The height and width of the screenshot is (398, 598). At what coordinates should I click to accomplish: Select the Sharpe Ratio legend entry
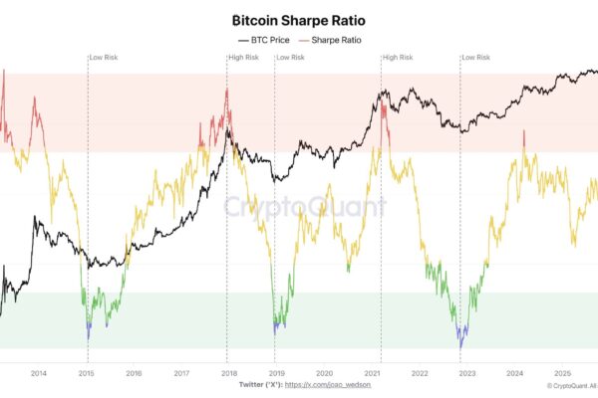[330, 40]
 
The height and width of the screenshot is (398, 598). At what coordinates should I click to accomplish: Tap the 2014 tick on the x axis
[39, 373]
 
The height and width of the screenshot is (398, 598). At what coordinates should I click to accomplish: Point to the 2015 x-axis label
[87, 373]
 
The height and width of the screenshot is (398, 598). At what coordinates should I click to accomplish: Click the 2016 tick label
[134, 373]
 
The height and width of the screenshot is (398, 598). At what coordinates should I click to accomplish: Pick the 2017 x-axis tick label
[181, 373]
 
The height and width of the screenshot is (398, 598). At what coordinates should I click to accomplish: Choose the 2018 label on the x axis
[228, 373]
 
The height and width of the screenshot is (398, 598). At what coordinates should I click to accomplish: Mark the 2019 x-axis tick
[276, 373]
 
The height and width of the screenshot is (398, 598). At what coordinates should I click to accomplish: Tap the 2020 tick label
[324, 373]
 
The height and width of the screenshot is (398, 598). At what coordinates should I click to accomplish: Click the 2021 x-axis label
[372, 373]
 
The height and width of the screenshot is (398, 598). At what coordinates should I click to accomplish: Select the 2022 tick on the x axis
[419, 373]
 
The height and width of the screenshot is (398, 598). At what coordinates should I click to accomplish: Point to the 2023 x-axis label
[466, 373]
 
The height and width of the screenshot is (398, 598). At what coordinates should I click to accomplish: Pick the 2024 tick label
[514, 373]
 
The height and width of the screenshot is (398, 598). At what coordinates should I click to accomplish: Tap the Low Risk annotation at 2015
[104, 58]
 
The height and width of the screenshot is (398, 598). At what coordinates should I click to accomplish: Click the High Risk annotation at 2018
[243, 58]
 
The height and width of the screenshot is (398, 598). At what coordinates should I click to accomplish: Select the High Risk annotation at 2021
[398, 58]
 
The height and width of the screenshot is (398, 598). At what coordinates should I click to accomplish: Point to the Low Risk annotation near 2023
[476, 58]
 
